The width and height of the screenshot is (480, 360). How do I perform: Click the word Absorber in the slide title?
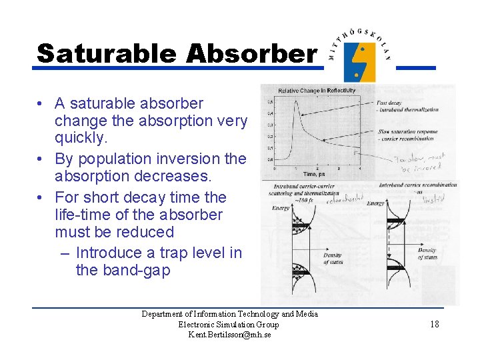click(x=251, y=53)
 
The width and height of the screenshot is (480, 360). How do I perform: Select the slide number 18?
click(x=434, y=324)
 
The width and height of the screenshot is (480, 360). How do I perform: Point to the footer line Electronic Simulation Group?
click(x=229, y=325)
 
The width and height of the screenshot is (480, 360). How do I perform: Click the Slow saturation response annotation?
click(x=407, y=131)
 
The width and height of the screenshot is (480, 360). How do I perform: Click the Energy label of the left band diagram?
click(x=281, y=209)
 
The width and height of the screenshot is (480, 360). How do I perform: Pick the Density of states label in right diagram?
click(x=426, y=254)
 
